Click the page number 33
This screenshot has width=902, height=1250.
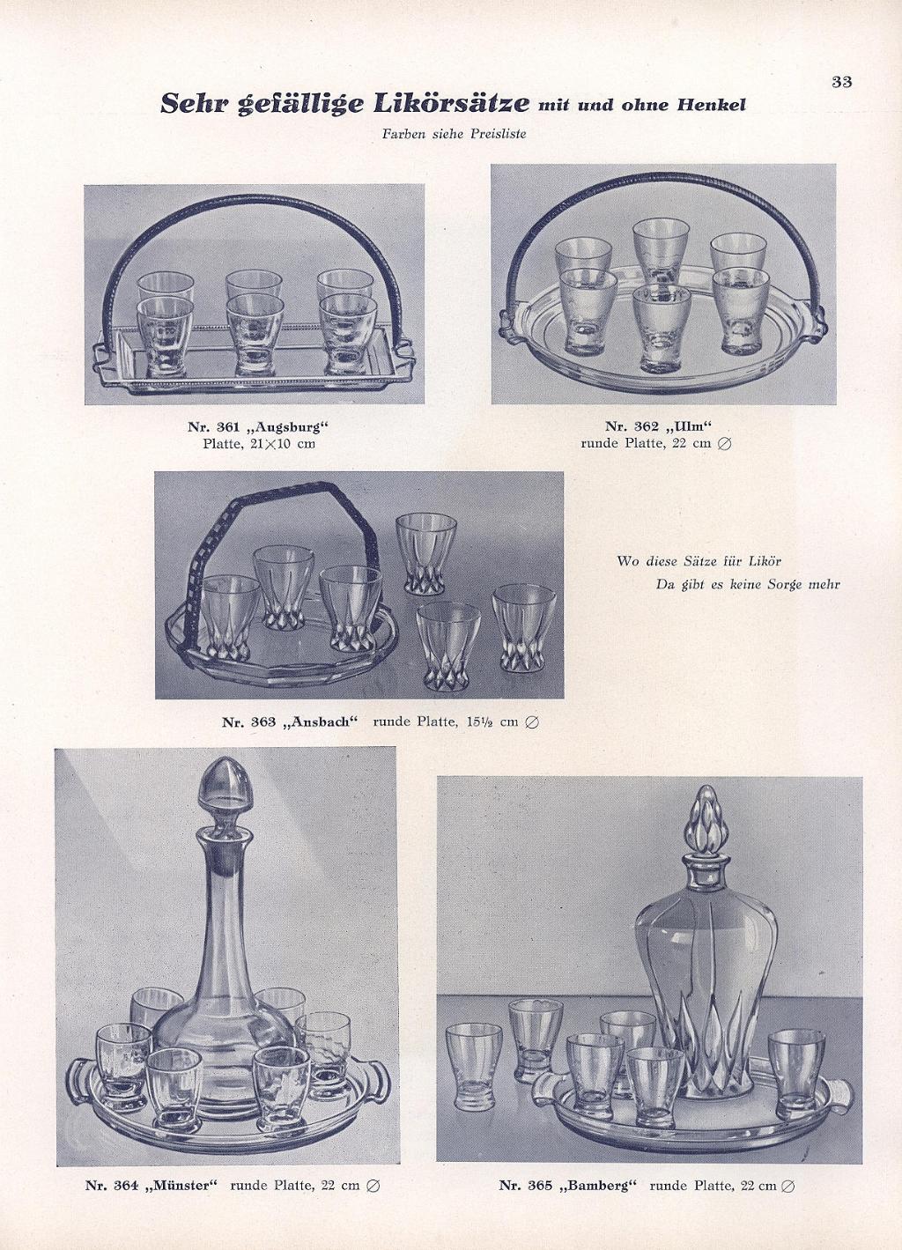click(x=842, y=81)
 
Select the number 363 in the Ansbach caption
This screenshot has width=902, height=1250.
click(x=264, y=722)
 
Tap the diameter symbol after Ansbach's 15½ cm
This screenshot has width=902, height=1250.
click(x=532, y=722)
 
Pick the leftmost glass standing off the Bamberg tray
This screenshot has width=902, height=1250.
click(x=475, y=1068)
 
